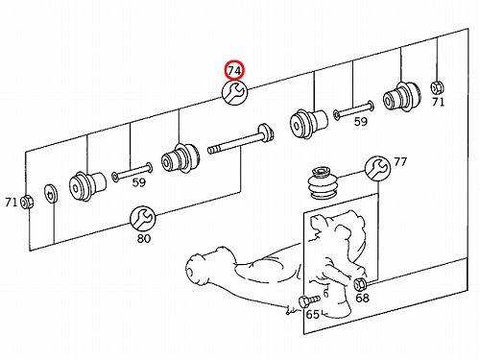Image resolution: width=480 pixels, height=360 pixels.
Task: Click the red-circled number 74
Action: click(x=234, y=70)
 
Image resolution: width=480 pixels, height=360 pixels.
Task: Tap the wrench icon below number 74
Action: click(x=234, y=92)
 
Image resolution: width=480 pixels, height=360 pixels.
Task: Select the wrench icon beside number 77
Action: click(x=377, y=169)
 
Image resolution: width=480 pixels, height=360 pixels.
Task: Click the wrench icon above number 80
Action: click(x=143, y=219)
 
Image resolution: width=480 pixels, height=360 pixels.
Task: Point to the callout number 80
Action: click(x=144, y=238)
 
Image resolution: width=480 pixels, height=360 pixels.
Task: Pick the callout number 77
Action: click(x=400, y=162)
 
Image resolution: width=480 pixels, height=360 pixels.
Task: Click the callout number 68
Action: click(x=362, y=298)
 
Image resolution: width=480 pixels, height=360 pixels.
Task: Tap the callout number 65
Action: click(x=313, y=315)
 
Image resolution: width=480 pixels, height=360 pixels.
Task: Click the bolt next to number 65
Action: click(x=309, y=300)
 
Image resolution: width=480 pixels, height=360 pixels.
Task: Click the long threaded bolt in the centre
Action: click(x=241, y=140)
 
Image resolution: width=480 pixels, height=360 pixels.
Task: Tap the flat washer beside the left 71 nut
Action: click(x=51, y=193)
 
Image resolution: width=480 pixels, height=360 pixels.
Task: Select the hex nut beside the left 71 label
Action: click(x=27, y=202)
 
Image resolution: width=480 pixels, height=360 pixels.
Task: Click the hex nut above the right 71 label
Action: click(x=437, y=87)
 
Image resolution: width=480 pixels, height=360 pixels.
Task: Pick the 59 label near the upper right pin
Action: click(x=361, y=122)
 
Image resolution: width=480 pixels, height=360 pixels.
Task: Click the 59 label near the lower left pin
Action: click(x=139, y=182)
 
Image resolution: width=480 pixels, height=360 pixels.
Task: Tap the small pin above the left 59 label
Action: click(x=132, y=172)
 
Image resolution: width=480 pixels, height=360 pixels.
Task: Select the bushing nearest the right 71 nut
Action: click(x=402, y=97)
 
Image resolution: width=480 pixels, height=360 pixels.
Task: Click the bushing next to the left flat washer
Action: click(x=87, y=186)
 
